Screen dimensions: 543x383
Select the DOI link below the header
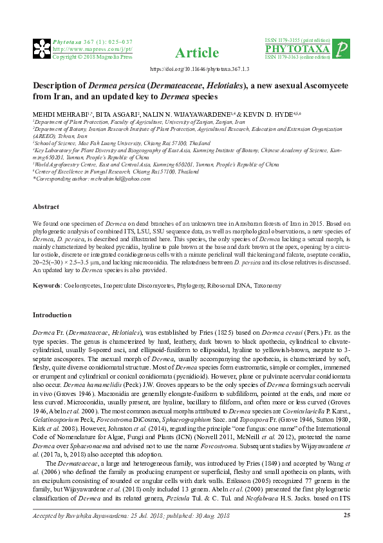pyautogui.click(x=200, y=69)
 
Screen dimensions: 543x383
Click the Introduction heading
pyautogui.click(x=52, y=315)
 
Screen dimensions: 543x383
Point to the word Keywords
pyautogui.click(x=46, y=284)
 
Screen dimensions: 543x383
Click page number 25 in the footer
pyautogui.click(x=346, y=533)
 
